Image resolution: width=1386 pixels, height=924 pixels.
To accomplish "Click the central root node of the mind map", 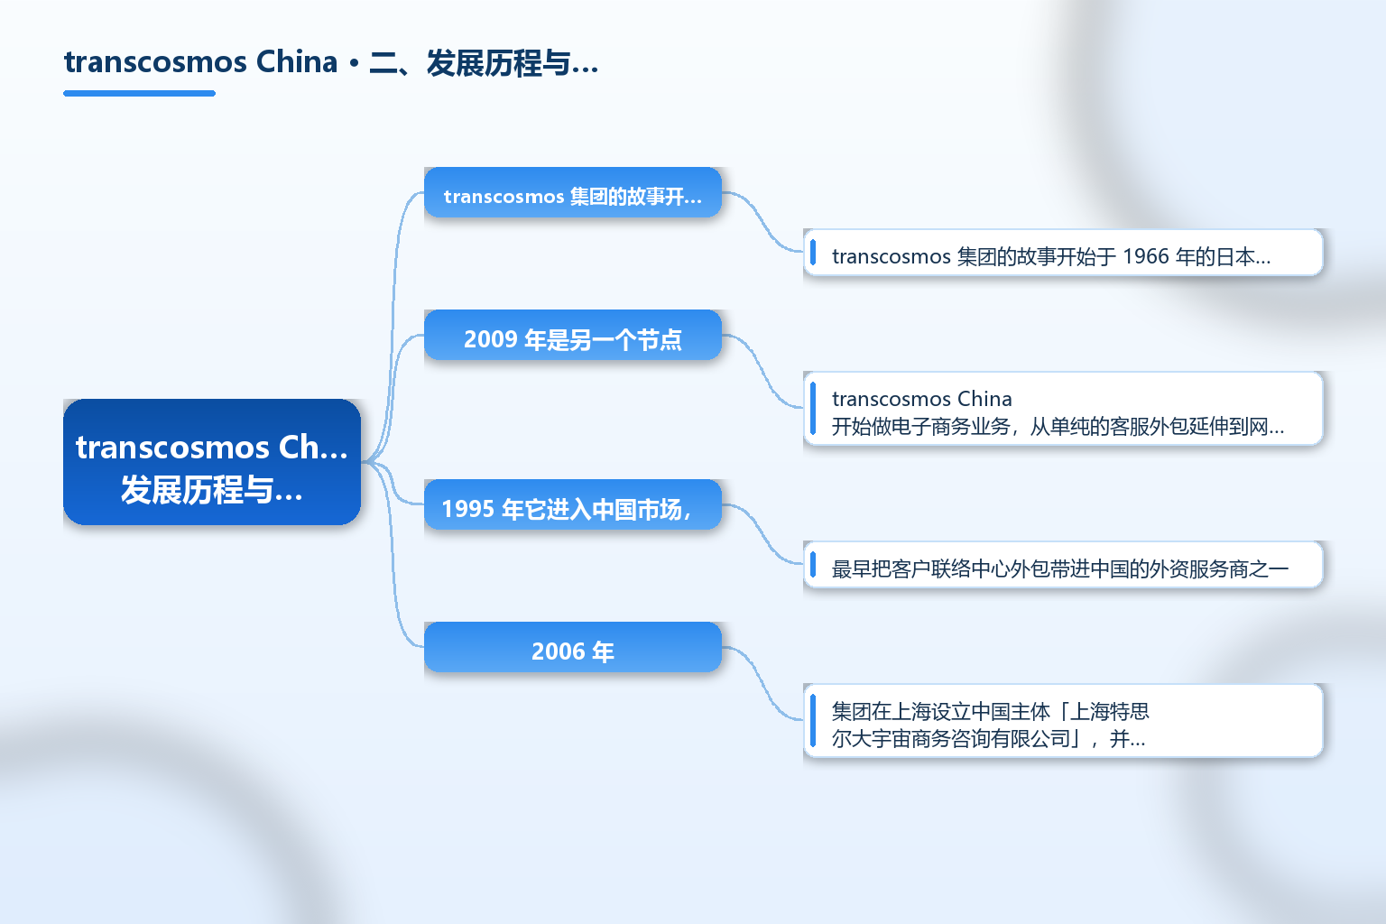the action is [212, 462].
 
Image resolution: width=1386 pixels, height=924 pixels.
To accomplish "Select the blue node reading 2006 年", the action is [573, 647].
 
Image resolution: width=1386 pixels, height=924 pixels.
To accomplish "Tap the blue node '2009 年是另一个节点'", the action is [573, 335].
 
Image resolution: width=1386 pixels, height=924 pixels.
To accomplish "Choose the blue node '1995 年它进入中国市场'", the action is [573, 504].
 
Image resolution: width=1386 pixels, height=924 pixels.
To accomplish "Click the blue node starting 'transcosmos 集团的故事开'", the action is [573, 192].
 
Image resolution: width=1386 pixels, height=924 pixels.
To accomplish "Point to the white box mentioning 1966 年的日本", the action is [1063, 253].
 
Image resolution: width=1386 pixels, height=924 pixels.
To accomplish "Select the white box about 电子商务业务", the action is [1063, 409].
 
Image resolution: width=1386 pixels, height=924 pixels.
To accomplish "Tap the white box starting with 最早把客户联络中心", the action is [1063, 565].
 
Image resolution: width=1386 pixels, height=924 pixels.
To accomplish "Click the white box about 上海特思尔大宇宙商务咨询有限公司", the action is [1063, 720].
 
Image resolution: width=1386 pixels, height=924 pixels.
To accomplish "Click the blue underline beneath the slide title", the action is [139, 94].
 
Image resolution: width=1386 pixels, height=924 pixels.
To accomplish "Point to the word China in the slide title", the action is [297, 62].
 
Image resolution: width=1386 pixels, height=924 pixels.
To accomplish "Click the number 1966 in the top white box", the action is [1146, 256].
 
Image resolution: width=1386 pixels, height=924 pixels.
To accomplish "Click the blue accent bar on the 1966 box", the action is [813, 253].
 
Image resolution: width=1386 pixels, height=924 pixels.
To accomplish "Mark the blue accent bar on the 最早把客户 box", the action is [813, 565].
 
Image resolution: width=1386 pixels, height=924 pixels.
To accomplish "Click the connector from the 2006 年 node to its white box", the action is [762, 684].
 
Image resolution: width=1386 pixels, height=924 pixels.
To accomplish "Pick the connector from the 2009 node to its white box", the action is [762, 372].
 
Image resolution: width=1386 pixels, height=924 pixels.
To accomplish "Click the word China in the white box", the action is [984, 399].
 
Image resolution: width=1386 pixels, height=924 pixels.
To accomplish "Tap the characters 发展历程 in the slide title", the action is [484, 63].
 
